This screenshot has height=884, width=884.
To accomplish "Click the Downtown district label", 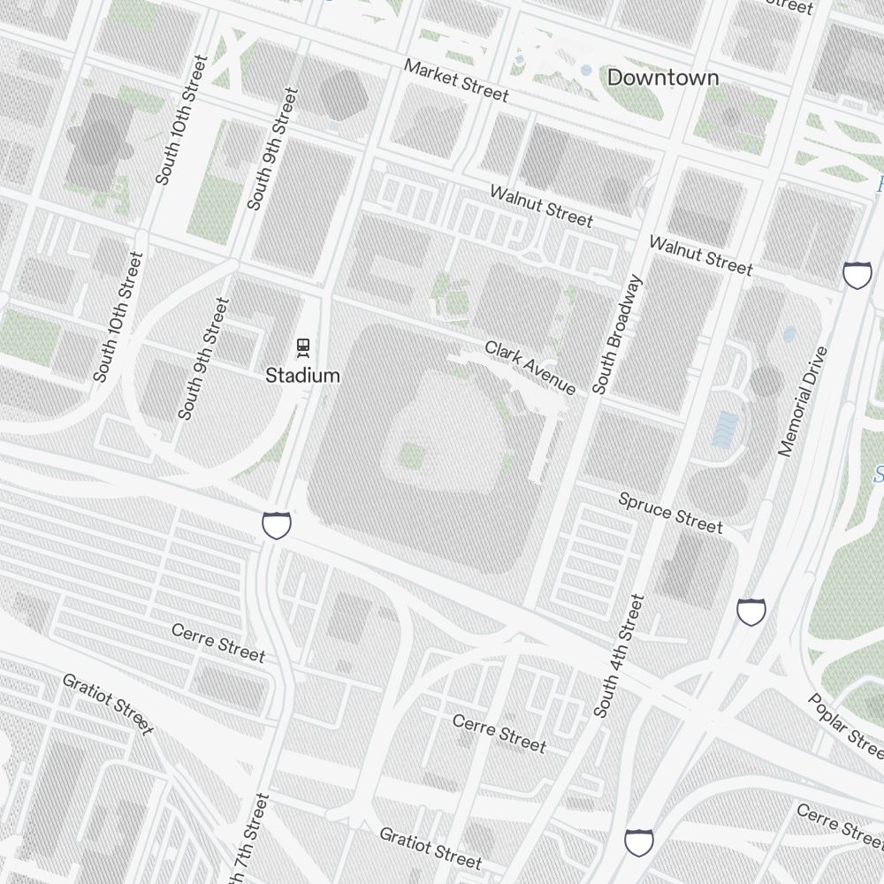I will point(662,78).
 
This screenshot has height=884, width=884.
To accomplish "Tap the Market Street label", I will point(456,80).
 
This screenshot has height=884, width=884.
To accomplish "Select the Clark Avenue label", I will point(530,368).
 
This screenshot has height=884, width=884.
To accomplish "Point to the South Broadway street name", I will point(616,334).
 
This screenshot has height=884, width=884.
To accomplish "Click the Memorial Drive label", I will point(804,401).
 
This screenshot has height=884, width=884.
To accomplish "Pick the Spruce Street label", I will point(670,514).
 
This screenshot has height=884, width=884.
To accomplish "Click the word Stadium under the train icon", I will point(302,376).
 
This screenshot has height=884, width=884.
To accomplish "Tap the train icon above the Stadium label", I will point(303,347).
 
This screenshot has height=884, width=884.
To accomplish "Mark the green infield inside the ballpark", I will point(411,456).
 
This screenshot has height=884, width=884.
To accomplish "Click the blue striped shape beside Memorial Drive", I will point(725,429).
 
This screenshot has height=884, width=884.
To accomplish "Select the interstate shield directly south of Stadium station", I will point(277,525).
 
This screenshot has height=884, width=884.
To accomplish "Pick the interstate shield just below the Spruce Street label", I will point(751,611).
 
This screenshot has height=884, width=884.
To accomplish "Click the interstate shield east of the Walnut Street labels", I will point(857,275).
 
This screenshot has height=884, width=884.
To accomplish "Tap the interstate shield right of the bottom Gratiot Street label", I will point(639,842).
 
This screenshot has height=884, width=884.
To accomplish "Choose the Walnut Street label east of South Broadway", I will point(700,255).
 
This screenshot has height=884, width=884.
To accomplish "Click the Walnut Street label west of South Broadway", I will point(541,206).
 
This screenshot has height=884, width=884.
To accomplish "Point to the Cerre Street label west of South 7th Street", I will point(217,643).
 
